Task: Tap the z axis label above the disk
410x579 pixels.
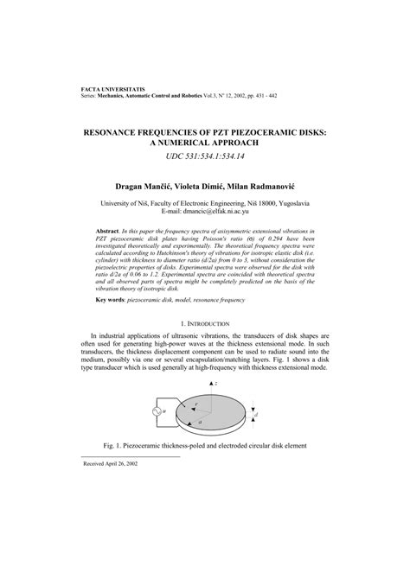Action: [x=216, y=406]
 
